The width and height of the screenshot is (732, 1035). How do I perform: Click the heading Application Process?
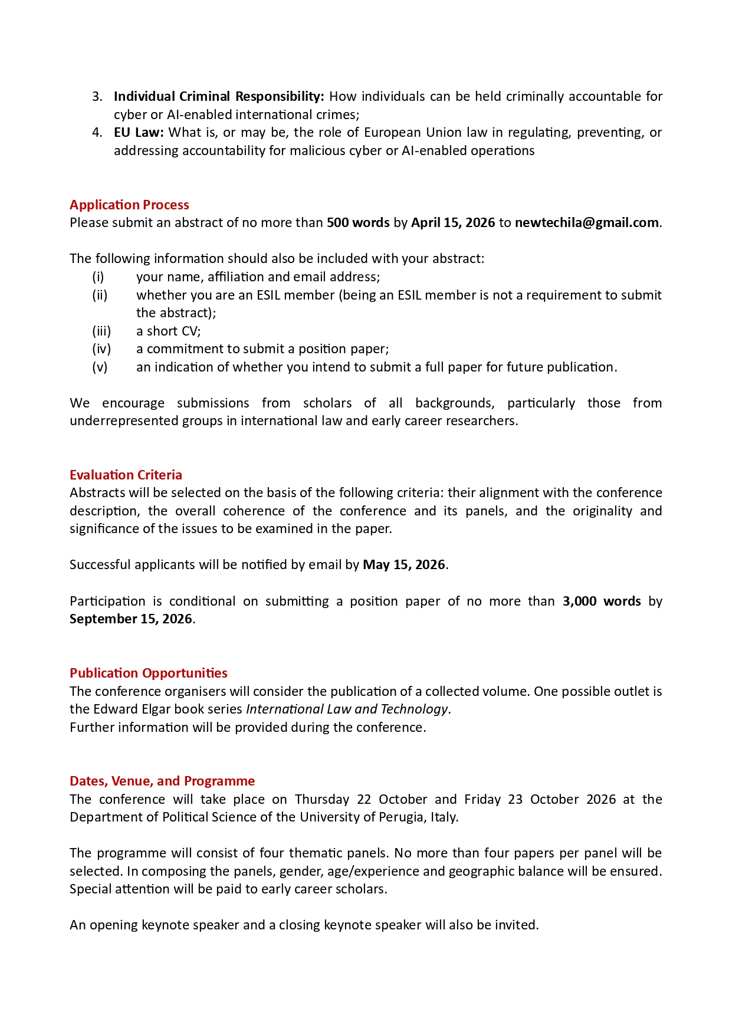pos(129,205)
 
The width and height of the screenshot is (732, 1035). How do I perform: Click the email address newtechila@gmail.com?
pos(586,222)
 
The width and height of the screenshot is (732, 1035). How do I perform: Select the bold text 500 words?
pos(358,222)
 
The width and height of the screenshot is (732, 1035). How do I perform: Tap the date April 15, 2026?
pos(452,222)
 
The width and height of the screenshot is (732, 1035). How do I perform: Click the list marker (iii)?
pos(101,331)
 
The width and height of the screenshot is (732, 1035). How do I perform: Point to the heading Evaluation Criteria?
pos(126,475)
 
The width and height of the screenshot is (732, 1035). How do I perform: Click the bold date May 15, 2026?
pos(403,564)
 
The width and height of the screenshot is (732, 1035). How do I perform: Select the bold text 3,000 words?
pos(601,601)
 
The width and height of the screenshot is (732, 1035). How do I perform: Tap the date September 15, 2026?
pos(130,619)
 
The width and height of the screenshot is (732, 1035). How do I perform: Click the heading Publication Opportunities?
pos(148,673)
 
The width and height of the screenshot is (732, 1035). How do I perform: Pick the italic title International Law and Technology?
pos(346,709)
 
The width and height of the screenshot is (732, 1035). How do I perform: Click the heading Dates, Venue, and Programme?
pos(162,781)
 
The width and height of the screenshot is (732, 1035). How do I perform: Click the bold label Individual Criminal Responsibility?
pos(219,96)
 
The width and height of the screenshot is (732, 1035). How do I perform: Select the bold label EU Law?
pos(139,132)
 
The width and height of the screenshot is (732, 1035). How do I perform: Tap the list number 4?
pos(97,132)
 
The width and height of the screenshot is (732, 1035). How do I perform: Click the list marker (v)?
pos(100,367)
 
